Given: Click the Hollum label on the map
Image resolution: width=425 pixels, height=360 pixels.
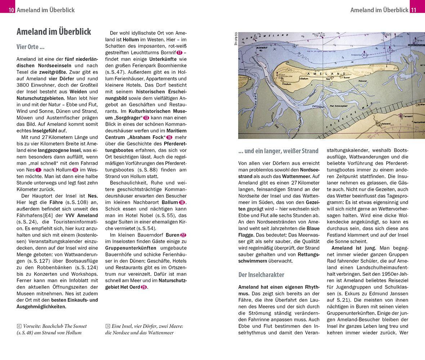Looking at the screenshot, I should [287, 84].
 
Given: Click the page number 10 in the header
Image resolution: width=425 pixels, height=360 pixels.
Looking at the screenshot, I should [11, 10].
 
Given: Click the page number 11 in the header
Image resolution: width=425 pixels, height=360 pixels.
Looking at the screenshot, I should [413, 10].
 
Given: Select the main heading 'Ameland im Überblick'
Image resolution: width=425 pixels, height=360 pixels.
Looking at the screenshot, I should [54, 32].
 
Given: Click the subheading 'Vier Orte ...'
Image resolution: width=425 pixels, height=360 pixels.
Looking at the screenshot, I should [31, 47].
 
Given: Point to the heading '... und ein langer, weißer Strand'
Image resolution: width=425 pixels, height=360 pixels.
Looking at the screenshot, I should [278, 151].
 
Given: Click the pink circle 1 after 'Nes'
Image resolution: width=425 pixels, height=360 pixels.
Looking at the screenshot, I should [39, 170].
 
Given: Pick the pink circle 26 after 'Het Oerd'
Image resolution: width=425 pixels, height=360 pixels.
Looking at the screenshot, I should [144, 287].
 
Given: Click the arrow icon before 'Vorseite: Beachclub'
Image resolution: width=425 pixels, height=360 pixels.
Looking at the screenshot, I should [19, 326].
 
